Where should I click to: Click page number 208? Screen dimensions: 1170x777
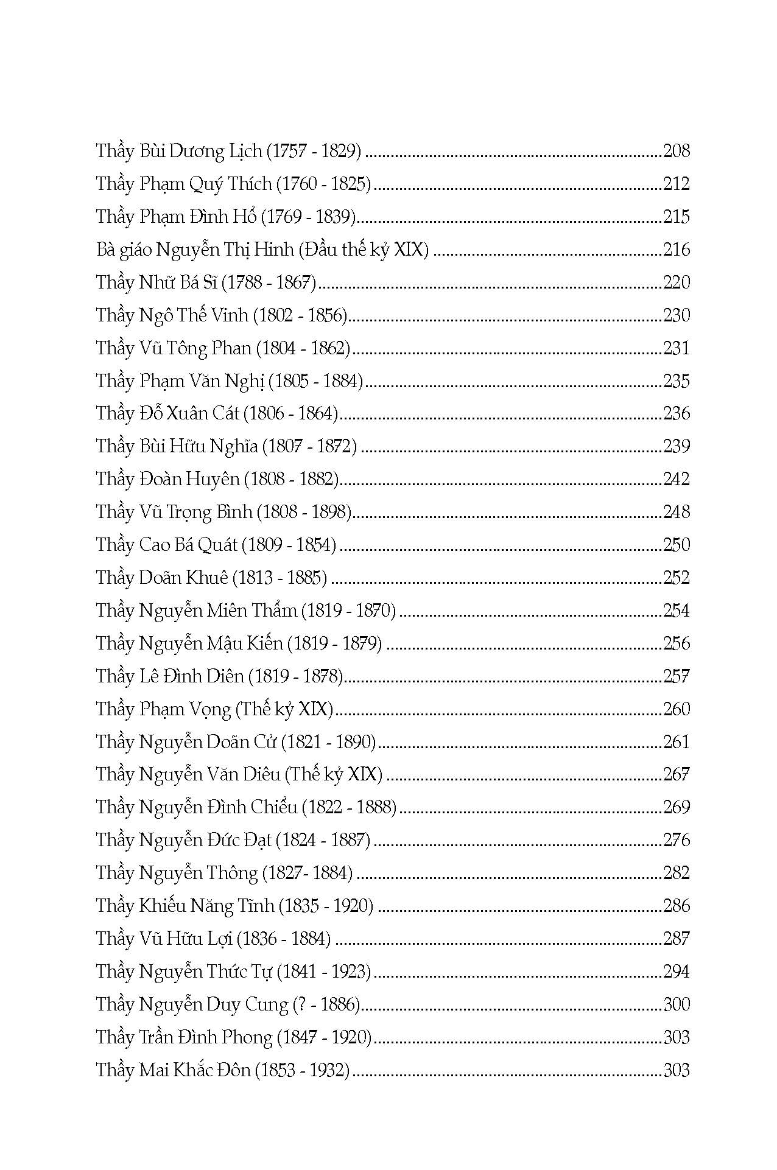coord(677,150)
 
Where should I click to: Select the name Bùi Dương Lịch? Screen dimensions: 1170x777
coord(201,150)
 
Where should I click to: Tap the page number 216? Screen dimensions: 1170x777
coord(677,249)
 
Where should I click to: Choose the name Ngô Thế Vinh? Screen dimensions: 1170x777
coord(194,315)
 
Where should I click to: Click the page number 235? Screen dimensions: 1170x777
coord(677,380)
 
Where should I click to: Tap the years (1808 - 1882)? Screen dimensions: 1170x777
coord(291,479)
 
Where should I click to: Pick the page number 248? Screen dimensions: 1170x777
coord(677,511)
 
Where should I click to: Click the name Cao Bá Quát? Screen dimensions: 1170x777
coord(188,544)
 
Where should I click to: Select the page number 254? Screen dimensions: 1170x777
coord(677,610)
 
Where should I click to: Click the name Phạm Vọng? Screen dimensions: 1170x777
coord(185,709)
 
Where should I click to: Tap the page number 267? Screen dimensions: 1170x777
coord(677,774)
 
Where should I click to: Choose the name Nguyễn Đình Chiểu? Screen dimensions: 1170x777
coord(218,807)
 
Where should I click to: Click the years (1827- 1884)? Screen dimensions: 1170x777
coord(308,873)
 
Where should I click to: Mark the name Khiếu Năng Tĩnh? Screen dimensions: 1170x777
coord(206,906)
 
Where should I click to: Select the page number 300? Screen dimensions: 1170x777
coord(677,1004)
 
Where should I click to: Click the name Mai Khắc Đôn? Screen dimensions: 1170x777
coord(195,1070)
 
